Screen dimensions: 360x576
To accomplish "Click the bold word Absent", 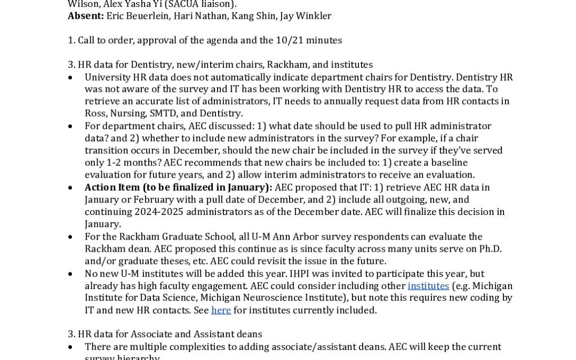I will [85, 16].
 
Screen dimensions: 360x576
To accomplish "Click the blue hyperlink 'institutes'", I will [428, 286].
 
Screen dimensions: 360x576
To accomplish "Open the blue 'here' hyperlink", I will [221, 310].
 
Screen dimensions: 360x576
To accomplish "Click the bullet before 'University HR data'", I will [71, 77].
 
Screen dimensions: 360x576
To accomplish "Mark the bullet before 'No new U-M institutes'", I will [71, 274].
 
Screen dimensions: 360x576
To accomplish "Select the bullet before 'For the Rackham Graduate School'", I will [71, 237].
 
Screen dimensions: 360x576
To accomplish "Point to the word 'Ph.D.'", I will [487, 249].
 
